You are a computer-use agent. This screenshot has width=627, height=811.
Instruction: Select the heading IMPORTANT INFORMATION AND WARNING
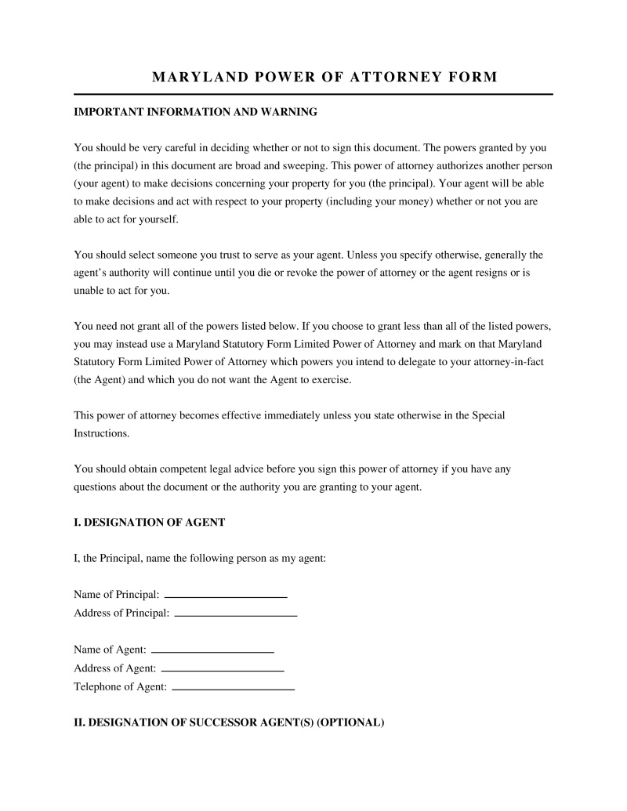pos(195,112)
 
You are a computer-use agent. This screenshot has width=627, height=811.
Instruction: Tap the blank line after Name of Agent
pos(212,651)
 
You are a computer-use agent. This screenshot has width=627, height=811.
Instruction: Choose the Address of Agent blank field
pos(222,670)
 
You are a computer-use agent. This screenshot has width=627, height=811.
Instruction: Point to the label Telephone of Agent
pos(120,687)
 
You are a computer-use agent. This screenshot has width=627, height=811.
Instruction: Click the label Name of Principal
pos(117,595)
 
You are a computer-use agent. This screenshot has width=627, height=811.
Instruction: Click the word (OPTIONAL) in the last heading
pos(350,722)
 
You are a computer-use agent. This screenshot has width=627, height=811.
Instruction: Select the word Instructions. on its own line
pos(101,433)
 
